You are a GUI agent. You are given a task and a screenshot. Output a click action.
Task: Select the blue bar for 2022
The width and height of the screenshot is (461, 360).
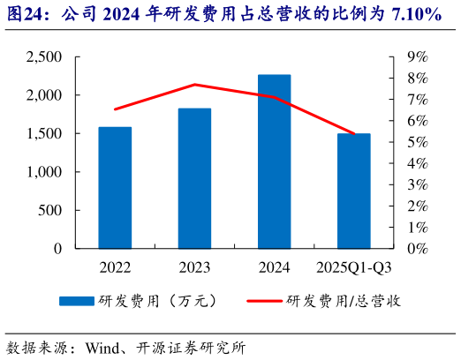pos(115,187)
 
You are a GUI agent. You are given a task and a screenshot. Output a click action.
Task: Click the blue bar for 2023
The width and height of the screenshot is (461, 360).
pos(194,178)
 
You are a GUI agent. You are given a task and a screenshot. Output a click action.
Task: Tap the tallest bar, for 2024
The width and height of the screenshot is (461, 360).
pos(274,161)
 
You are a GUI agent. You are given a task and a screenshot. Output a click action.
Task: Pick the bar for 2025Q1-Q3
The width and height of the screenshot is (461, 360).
pos(353,191)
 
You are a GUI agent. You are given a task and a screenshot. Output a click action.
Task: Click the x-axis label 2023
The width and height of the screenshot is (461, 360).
pos(194,266)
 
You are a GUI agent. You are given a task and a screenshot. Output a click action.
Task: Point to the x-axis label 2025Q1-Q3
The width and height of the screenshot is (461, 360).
pos(353,266)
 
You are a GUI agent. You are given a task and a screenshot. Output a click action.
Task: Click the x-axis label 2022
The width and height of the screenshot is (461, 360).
pos(115,266)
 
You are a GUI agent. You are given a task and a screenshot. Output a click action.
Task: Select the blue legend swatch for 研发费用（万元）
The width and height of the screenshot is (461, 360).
pos(77,301)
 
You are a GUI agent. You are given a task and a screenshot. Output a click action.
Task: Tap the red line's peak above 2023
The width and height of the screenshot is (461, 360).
pos(194,85)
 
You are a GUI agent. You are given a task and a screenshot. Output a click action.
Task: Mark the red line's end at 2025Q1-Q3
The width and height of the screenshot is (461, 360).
pos(353,134)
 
